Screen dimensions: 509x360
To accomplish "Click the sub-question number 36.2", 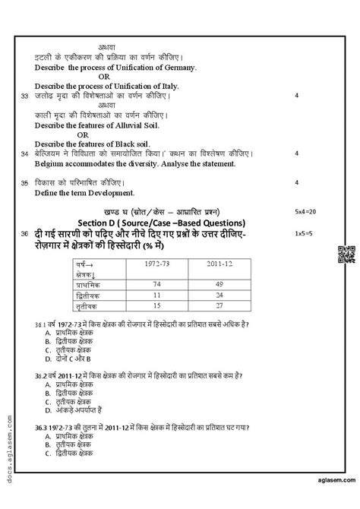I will pyautogui.click(x=42, y=375).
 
